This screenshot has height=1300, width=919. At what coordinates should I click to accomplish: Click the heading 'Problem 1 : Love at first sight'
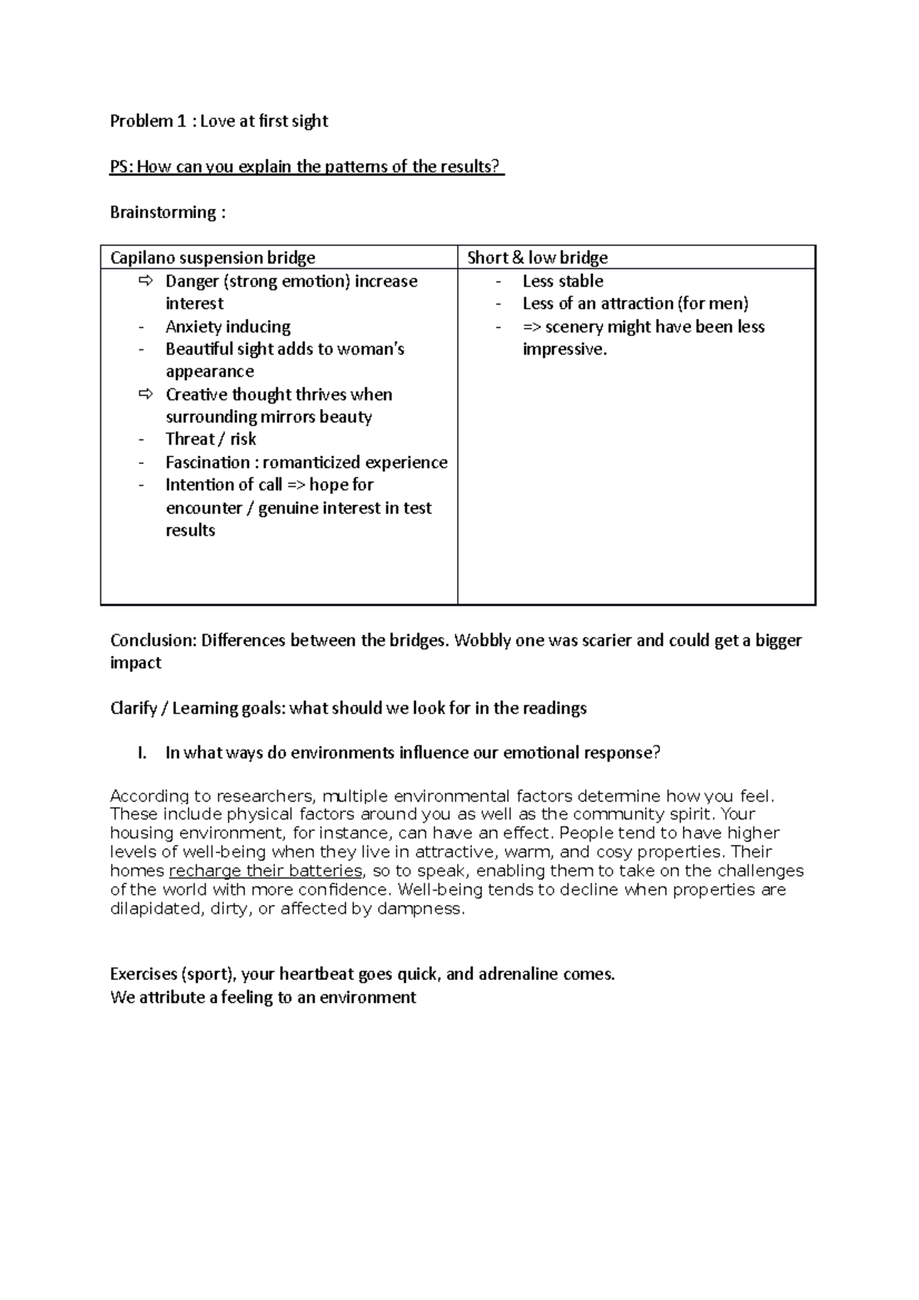point(219,121)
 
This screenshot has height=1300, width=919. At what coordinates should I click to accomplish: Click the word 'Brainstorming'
point(162,212)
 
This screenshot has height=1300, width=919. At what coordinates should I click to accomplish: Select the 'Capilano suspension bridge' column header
point(212,258)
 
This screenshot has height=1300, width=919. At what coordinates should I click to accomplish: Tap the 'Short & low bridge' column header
point(537,258)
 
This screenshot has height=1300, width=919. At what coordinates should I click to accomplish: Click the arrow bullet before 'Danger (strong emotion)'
point(146,281)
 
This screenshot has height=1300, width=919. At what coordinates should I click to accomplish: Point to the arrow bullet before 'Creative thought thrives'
point(146,394)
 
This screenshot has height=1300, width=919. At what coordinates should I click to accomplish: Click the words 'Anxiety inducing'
point(227,327)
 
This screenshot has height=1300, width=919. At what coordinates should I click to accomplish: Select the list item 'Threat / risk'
point(211,439)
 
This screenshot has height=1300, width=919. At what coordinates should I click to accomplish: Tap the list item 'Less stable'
point(563,281)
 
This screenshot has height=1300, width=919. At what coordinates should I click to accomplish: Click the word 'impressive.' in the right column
point(564,349)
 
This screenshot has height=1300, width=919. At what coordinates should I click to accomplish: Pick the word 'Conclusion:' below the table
point(152,640)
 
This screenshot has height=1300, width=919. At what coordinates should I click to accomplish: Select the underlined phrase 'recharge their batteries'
point(265,870)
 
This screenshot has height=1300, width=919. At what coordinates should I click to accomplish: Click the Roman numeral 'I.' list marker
point(142,753)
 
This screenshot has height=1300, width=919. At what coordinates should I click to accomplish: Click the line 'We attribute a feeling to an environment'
point(263,998)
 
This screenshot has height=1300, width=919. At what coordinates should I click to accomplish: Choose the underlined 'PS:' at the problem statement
point(121,167)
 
